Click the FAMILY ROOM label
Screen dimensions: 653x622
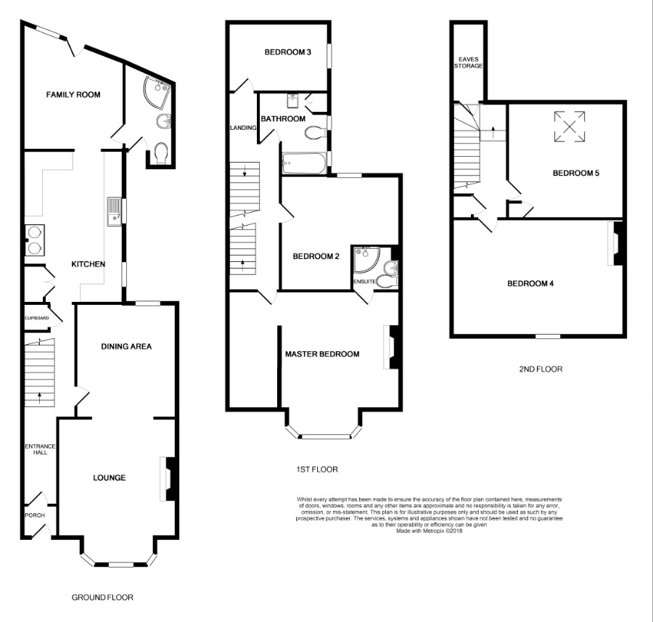pyautogui.click(x=73, y=94)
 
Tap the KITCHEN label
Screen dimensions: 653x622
pyautogui.click(x=89, y=264)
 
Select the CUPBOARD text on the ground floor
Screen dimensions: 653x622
pyautogui.click(x=37, y=318)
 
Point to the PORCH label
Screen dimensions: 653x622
pyautogui.click(x=35, y=515)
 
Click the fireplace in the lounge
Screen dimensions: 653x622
pyautogui.click(x=169, y=479)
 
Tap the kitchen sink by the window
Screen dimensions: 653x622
pyautogui.click(x=114, y=211)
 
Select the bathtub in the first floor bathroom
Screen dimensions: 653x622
pyautogui.click(x=303, y=164)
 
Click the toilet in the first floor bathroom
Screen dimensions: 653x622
pyautogui.click(x=316, y=134)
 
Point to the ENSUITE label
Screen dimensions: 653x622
pyautogui.click(x=364, y=282)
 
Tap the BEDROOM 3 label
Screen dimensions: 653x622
pyautogui.click(x=288, y=52)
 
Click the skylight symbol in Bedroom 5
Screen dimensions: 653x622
pyautogui.click(x=570, y=126)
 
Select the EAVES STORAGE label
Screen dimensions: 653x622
pyautogui.click(x=469, y=62)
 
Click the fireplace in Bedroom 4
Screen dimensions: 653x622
pyautogui.click(x=615, y=243)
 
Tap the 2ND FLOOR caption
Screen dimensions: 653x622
pyautogui.click(x=541, y=369)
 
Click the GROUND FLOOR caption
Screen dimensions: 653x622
pyautogui.click(x=102, y=597)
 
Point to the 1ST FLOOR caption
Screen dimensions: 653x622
pyautogui.click(x=317, y=470)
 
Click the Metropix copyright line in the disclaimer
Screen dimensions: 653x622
pyautogui.click(x=429, y=531)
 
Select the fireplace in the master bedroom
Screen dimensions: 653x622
pyautogui.click(x=392, y=347)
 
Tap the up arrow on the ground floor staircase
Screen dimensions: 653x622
pyautogui.click(x=40, y=398)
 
